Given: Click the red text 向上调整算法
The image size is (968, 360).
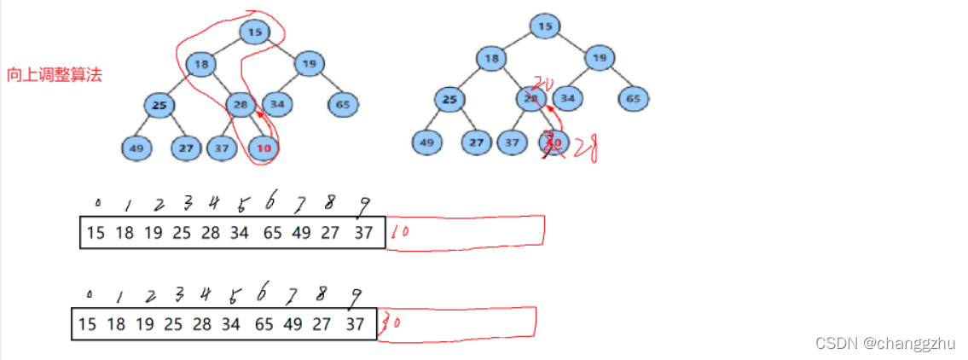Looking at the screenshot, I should [54, 75].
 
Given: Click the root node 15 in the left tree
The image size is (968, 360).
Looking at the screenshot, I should [254, 32].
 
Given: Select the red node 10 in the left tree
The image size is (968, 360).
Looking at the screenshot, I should [264, 148].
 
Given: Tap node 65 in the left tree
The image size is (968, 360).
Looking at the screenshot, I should [343, 105].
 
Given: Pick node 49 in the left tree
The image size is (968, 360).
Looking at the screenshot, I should [136, 148].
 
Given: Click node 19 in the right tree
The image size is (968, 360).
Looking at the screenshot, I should [600, 58].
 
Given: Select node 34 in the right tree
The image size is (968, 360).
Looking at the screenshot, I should [569, 99].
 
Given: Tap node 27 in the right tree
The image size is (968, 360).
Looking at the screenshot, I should [477, 142].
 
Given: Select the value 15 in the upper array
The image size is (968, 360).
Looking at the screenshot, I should [96, 233].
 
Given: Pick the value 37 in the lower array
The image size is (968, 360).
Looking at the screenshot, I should [356, 324].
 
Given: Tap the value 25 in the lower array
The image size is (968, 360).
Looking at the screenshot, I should [172, 324].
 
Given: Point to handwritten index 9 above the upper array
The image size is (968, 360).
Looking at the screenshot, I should [365, 205].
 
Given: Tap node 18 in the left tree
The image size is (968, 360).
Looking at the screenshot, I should [200, 64].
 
